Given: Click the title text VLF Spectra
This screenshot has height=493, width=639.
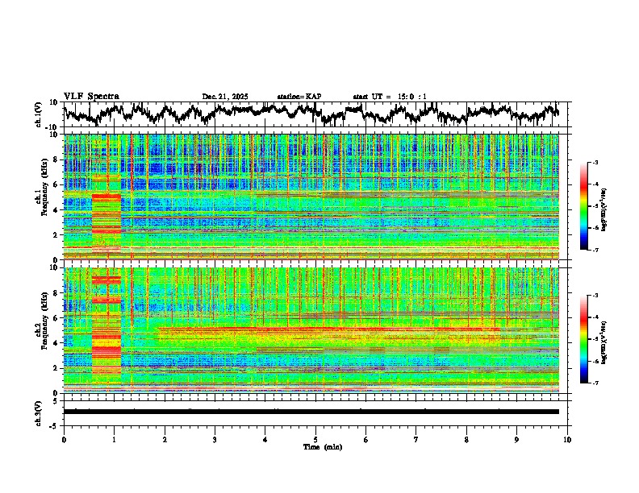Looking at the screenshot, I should click(91, 97).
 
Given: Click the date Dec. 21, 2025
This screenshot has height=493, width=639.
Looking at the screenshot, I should click(225, 97).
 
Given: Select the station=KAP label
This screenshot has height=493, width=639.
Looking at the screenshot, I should click(299, 97).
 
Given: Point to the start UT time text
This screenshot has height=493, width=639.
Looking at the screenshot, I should click(390, 97).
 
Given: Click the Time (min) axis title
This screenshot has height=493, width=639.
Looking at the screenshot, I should click(322, 446).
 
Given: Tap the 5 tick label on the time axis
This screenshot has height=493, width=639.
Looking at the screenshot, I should click(315, 439).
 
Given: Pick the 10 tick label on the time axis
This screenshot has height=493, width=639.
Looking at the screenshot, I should click(567, 439).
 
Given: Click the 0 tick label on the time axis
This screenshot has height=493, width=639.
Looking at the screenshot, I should click(64, 439).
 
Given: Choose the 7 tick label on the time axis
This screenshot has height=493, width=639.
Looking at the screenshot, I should click(416, 439).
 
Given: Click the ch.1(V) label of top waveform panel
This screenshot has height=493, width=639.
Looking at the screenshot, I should click(39, 114).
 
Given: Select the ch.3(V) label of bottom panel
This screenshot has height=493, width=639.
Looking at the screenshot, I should click(39, 411).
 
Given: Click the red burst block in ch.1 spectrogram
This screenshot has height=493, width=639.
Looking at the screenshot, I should click(106, 213).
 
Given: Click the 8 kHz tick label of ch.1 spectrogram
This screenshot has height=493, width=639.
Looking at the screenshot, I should click(56, 159).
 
